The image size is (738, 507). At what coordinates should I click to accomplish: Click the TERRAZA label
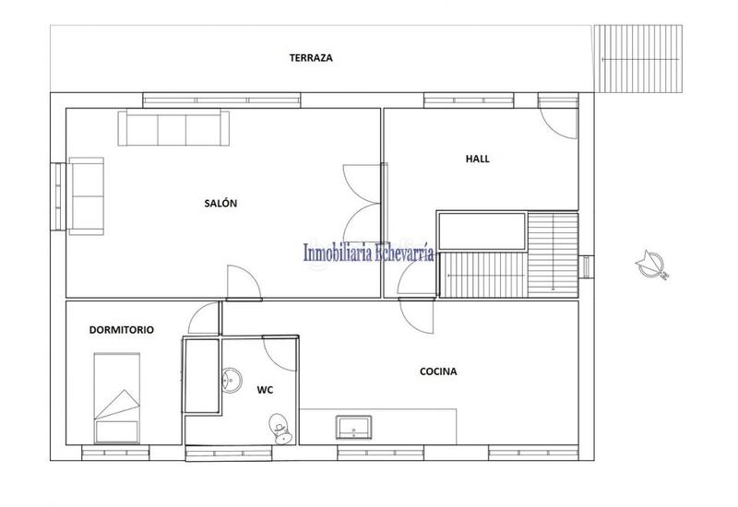[310, 57]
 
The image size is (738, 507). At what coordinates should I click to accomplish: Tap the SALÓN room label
[221, 204]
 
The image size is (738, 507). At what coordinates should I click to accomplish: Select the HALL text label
[478, 159]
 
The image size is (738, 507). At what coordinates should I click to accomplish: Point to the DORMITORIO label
[122, 329]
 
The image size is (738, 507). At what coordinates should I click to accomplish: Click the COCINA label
[439, 372]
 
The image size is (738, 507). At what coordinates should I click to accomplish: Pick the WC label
[265, 389]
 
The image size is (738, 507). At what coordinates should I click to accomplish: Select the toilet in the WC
[279, 427]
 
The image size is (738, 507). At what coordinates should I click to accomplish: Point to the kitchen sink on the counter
[354, 426]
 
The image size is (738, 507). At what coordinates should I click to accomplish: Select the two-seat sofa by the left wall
[88, 195]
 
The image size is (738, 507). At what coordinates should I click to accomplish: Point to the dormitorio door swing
[202, 321]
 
